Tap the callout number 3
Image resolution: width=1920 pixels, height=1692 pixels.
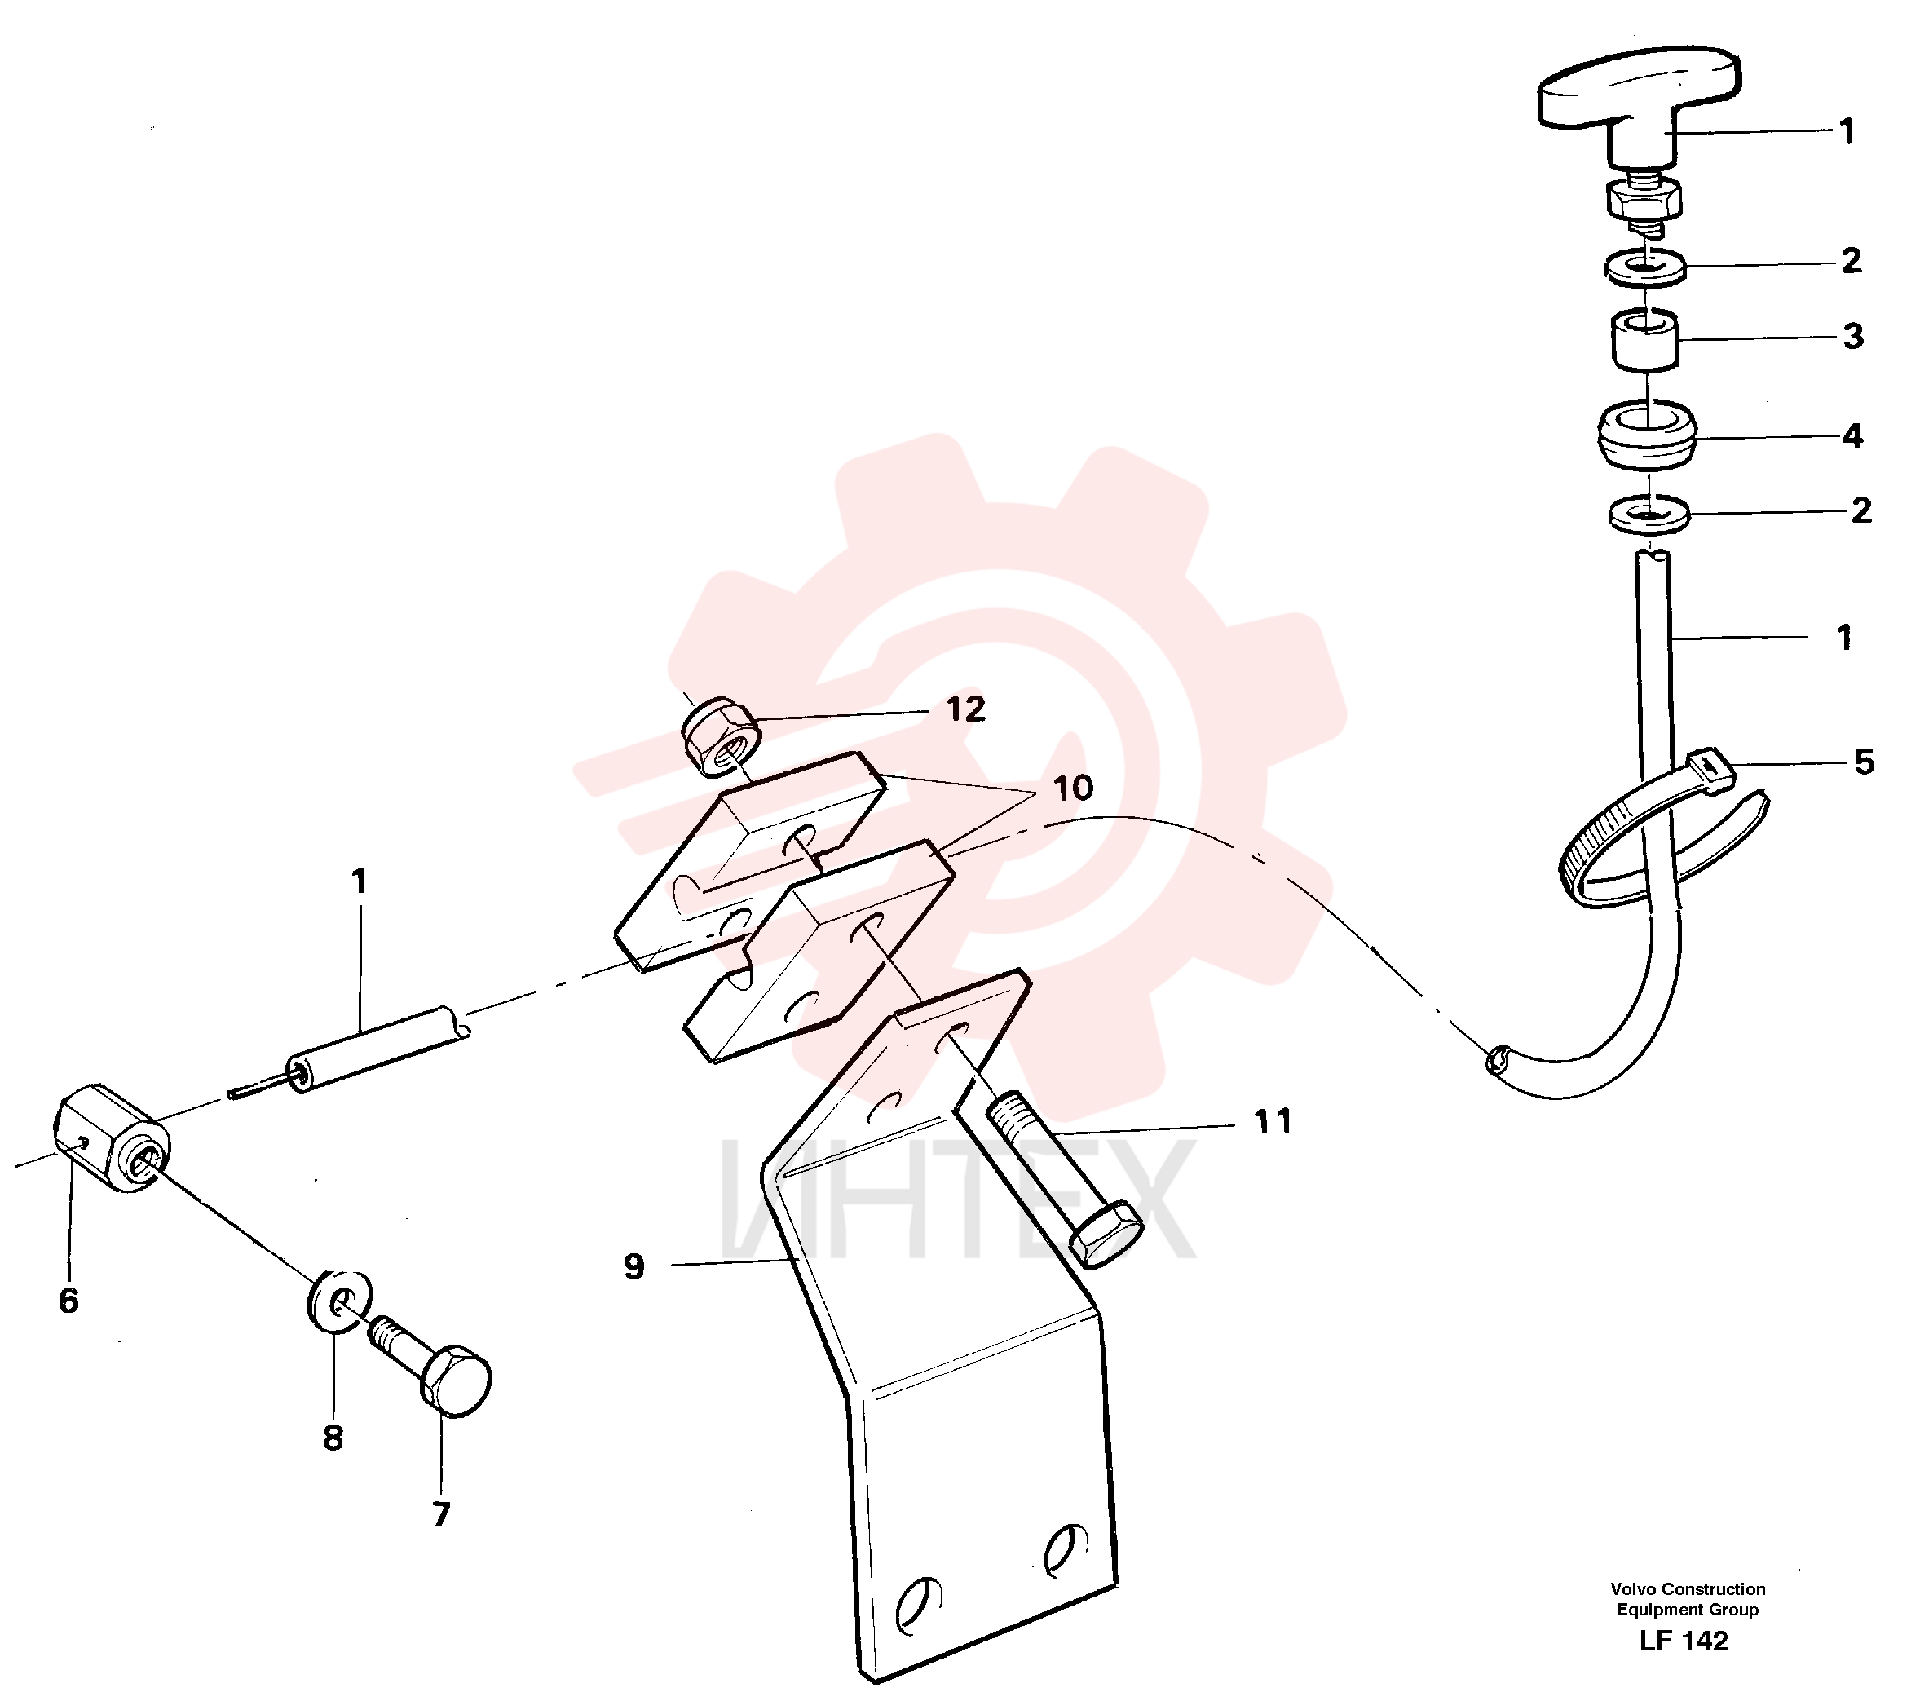coord(1852,335)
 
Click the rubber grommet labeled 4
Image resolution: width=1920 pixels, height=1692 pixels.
coord(1649,434)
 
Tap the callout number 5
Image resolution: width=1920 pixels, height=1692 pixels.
coord(1865,761)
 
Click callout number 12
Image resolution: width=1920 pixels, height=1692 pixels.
coord(965,709)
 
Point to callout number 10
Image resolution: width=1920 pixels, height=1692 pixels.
coord(1073,787)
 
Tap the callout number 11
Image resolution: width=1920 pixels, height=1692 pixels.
coord(1273,1121)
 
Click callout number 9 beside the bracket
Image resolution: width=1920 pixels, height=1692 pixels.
coord(634,1266)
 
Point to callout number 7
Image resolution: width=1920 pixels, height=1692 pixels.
coord(440,1513)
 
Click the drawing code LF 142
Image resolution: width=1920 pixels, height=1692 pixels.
coord(1684,1641)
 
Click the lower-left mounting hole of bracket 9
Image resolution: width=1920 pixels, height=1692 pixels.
coord(918,1603)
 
